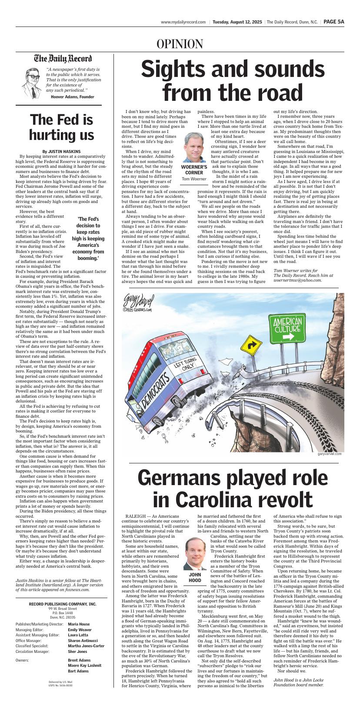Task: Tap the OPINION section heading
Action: point(180,44)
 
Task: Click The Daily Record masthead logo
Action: point(63,59)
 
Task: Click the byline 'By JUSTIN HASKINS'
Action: point(61,152)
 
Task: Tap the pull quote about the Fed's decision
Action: point(88,238)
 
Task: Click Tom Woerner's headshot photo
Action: point(194,147)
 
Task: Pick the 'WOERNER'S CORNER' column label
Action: point(194,170)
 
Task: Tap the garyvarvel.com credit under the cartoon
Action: point(329,454)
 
